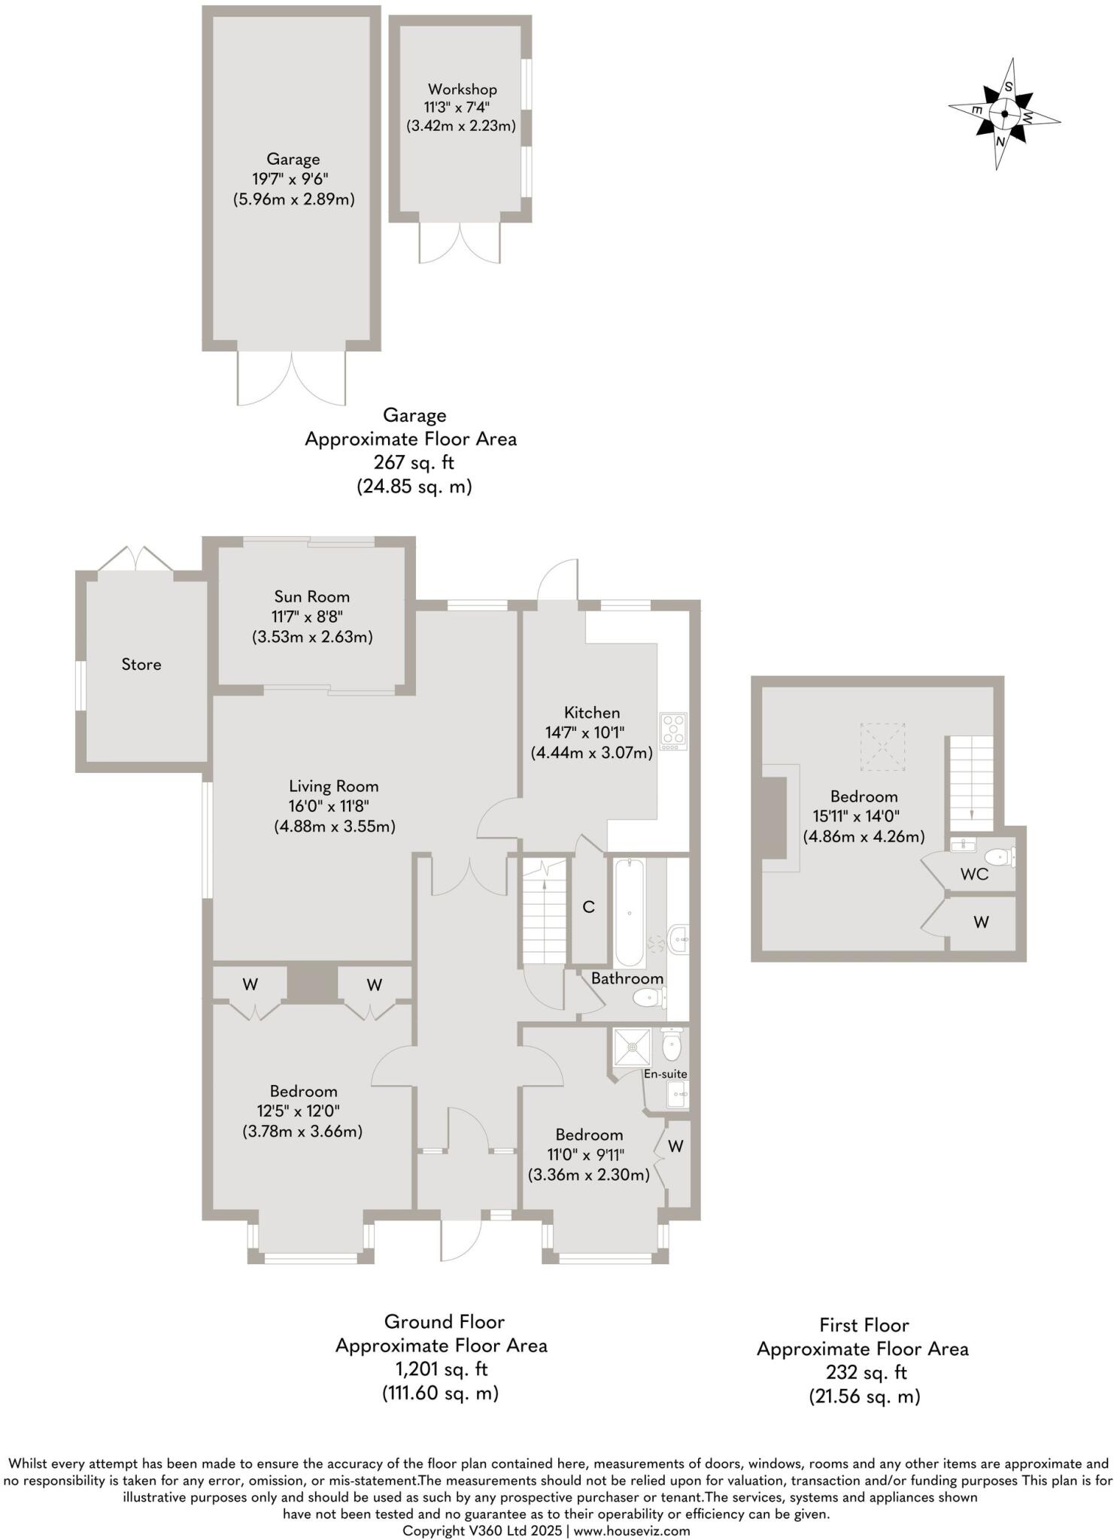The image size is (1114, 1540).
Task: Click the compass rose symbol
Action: click(x=1003, y=114)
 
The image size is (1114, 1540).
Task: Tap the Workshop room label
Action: click(x=462, y=89)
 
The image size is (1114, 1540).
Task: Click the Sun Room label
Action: click(x=311, y=597)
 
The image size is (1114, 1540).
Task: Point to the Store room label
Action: click(x=141, y=665)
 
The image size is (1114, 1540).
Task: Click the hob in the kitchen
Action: click(x=673, y=731)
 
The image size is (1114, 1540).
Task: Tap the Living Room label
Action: click(x=333, y=787)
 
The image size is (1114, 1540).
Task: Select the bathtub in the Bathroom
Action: click(x=630, y=913)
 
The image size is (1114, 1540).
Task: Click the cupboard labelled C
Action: click(x=589, y=908)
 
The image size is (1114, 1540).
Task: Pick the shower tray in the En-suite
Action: click(x=632, y=1047)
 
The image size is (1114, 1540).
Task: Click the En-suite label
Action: click(x=665, y=1074)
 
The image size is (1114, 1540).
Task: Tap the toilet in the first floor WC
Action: click(x=1000, y=856)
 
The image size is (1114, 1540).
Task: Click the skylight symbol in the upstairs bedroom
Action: click(x=882, y=747)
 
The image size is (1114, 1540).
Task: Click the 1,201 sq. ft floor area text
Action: click(x=442, y=1369)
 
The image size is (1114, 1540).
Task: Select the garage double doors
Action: click(x=292, y=378)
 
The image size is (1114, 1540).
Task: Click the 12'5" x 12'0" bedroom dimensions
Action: click(x=303, y=1111)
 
